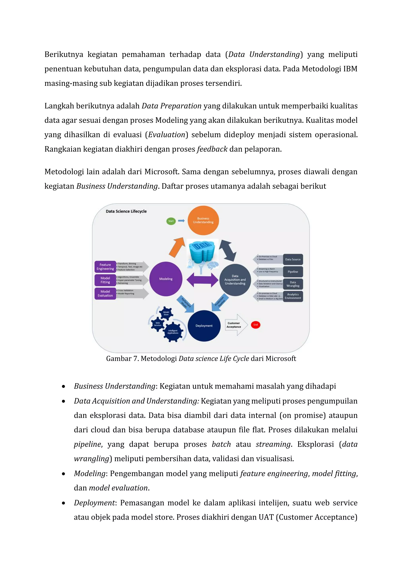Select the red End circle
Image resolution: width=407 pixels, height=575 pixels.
click(255, 325)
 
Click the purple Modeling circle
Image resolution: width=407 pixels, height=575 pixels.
click(166, 279)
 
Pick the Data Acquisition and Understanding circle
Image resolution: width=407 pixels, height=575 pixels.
click(235, 280)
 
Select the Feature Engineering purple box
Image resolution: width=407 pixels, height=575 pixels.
click(105, 267)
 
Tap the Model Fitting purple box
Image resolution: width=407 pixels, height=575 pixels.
click(105, 280)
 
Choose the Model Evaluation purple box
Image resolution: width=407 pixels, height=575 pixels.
click(105, 293)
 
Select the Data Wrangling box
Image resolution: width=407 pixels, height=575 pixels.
click(293, 284)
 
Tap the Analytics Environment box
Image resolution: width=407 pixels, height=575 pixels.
click(293, 296)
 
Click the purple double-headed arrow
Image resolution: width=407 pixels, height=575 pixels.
click(202, 280)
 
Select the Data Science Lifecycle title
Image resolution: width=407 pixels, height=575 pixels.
click(126, 211)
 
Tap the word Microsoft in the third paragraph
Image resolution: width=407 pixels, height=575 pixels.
click(161, 172)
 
